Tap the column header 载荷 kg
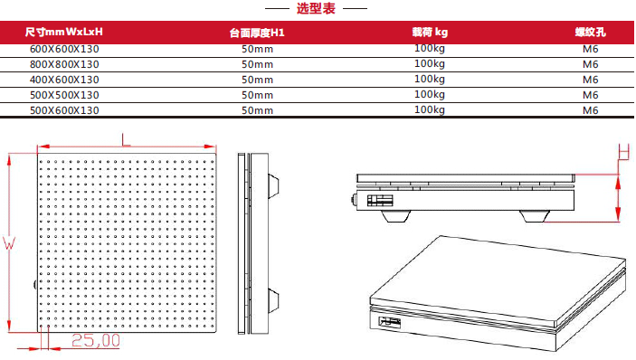[x=429, y=33]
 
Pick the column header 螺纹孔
[x=590, y=33]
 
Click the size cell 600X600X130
[x=64, y=49]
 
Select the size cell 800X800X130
[x=64, y=64]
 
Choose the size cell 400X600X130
[x=64, y=80]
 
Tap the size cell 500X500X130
[x=64, y=95]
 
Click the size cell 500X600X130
[x=64, y=110]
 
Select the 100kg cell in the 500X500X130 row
[x=429, y=94]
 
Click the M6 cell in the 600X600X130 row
[x=590, y=49]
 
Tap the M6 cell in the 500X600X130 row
[x=590, y=110]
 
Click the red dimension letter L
[x=125, y=138]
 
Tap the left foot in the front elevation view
[x=395, y=217]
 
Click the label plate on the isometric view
[x=392, y=320]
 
